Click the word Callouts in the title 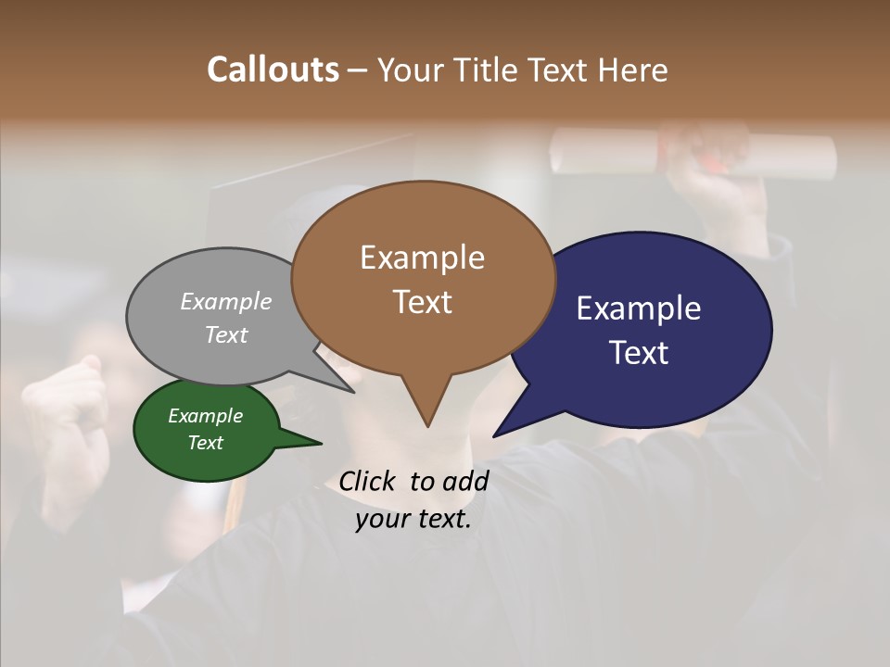pos(273,69)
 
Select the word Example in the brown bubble pos(422,258)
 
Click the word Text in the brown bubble pos(422,302)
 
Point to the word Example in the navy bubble pos(639,308)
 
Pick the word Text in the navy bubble pos(639,353)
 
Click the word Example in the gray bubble pos(226,301)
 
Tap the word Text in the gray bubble pos(226,334)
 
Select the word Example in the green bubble pos(205,416)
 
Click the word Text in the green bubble pos(205,443)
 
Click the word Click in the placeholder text pos(369,481)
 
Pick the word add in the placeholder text pos(466,481)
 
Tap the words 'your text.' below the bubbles pos(413,520)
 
